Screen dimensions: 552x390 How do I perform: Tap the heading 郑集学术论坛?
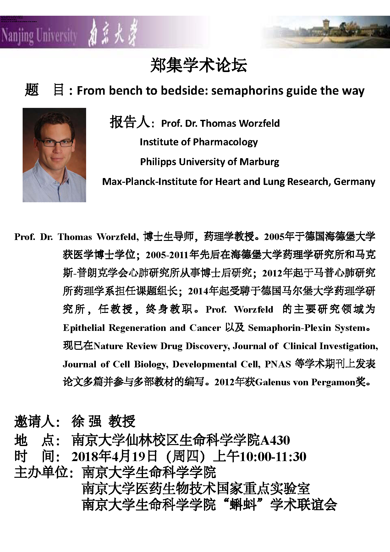[x=199, y=66]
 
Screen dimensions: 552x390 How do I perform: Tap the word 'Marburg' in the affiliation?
[x=259, y=162]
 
